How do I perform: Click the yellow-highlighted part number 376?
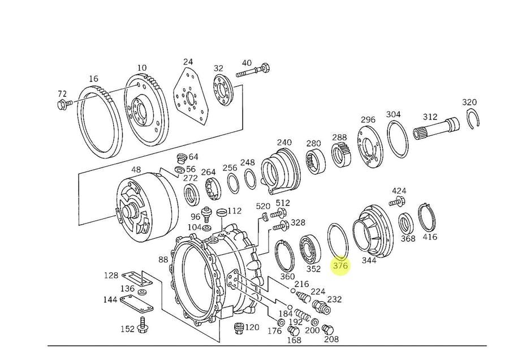340,265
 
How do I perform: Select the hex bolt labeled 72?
64,104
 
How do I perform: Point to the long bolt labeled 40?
253,71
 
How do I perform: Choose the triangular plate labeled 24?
191,96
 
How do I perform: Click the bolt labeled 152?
142,325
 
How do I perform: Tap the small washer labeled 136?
141,292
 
